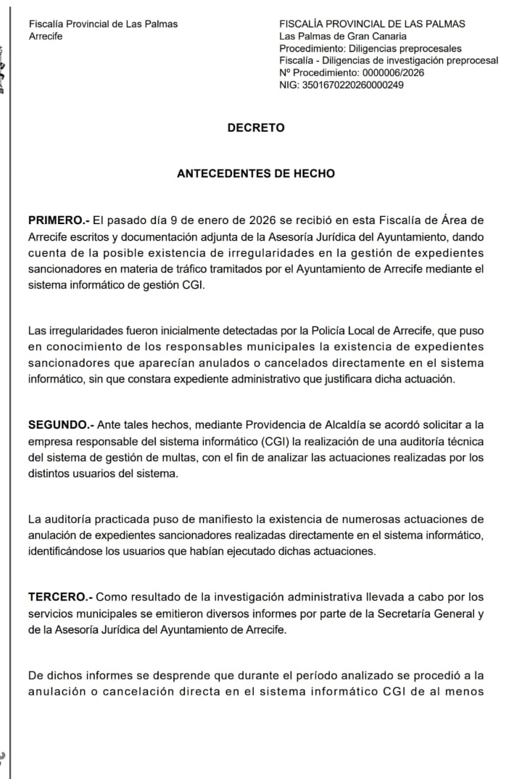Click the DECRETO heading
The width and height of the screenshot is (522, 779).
tap(256, 128)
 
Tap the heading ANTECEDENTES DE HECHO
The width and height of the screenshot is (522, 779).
tap(256, 174)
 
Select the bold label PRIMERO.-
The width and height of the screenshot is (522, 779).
tap(59, 220)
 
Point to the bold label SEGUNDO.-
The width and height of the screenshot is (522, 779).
tap(60, 424)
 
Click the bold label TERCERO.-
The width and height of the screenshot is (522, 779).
tap(60, 597)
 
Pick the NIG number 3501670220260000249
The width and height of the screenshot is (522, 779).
tap(352, 85)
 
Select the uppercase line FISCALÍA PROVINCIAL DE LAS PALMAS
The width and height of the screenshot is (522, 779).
tap(372, 24)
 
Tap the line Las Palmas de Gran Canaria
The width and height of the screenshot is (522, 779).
tap(343, 36)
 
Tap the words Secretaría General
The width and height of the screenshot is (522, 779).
tap(415, 614)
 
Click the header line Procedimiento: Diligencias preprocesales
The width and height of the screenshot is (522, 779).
tap(370, 49)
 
